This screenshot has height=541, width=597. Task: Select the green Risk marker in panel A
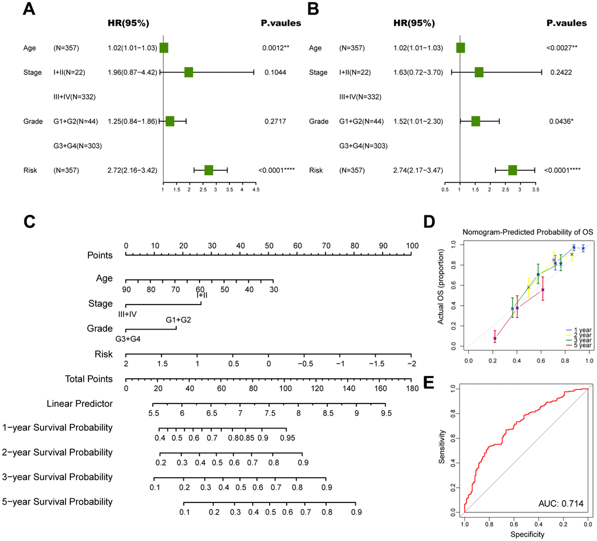point(208,170)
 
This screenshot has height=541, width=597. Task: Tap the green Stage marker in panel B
point(479,73)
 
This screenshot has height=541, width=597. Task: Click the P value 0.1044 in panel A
point(276,73)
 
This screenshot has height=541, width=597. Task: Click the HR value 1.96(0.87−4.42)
point(132,73)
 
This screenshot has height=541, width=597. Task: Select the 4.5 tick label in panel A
point(255,190)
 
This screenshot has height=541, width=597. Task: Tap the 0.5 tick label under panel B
point(445,190)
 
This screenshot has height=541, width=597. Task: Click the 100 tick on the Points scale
point(412,245)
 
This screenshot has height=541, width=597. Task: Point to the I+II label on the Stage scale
point(201,295)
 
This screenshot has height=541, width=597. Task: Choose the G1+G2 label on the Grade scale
point(178,320)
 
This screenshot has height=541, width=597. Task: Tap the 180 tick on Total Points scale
point(412,388)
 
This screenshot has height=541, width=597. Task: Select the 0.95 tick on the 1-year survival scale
point(287,437)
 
